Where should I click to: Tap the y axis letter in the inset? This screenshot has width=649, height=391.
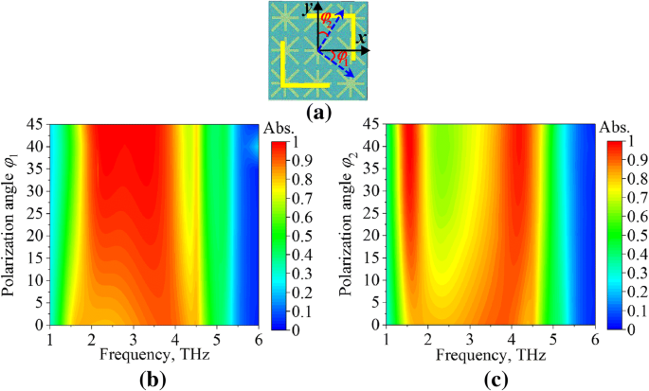[307, 9]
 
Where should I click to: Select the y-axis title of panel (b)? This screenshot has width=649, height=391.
[12, 223]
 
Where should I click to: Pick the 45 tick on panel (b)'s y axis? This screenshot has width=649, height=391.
[37, 124]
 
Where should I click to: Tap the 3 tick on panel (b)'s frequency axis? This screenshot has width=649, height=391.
[134, 339]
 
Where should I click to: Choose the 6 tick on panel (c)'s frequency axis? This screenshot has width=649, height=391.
[595, 339]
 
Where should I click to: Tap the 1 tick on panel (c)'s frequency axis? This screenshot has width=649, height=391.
[388, 339]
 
